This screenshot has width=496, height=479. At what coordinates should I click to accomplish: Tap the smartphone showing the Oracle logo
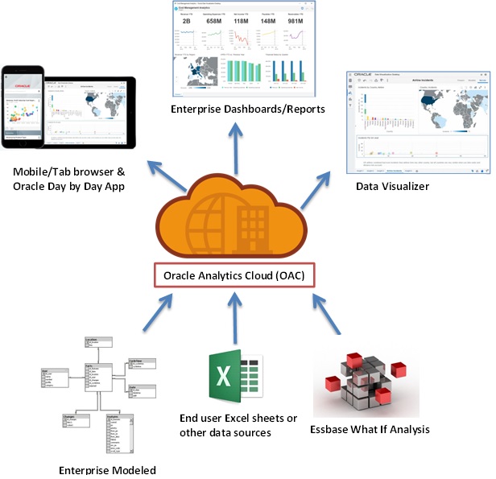(22, 105)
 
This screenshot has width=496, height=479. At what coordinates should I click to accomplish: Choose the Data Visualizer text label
(392, 186)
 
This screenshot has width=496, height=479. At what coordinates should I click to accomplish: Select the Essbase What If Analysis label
(370, 429)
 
